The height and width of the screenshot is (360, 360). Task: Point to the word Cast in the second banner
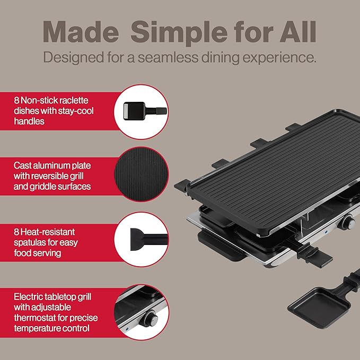click(24, 165)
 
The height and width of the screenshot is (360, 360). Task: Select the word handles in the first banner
click(30, 121)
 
